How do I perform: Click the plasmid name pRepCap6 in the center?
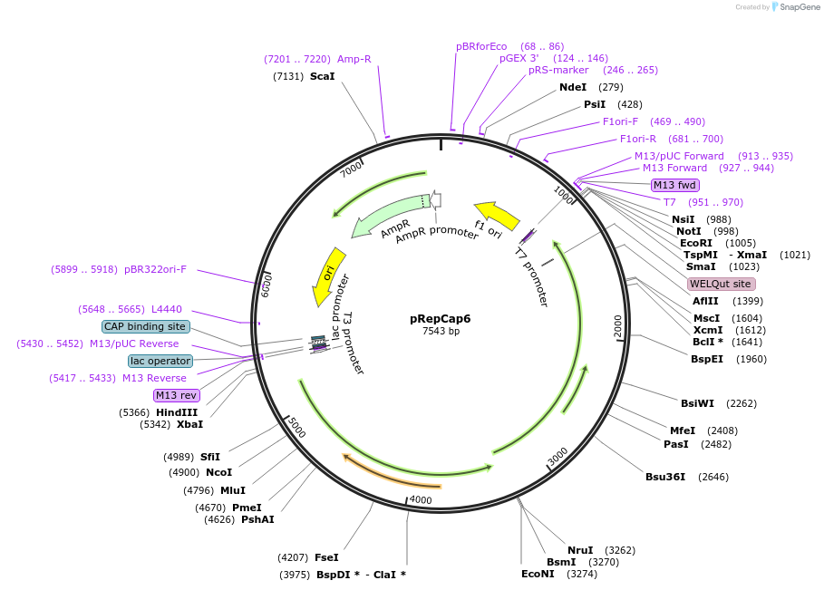click(441, 318)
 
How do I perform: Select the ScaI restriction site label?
click(322, 76)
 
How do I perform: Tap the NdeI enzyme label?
click(573, 87)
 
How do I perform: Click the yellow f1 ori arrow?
click(497, 215)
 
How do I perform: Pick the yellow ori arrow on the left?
click(328, 276)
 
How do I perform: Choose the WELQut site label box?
click(720, 284)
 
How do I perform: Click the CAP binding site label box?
click(145, 326)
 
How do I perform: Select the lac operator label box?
click(160, 361)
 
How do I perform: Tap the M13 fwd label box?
click(675, 185)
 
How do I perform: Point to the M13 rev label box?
click(176, 395)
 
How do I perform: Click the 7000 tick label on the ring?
click(352, 168)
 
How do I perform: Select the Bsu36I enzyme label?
click(665, 477)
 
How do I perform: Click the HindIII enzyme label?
click(176, 412)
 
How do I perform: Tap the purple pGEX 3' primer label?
click(519, 58)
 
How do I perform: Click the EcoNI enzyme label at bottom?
click(538, 574)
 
